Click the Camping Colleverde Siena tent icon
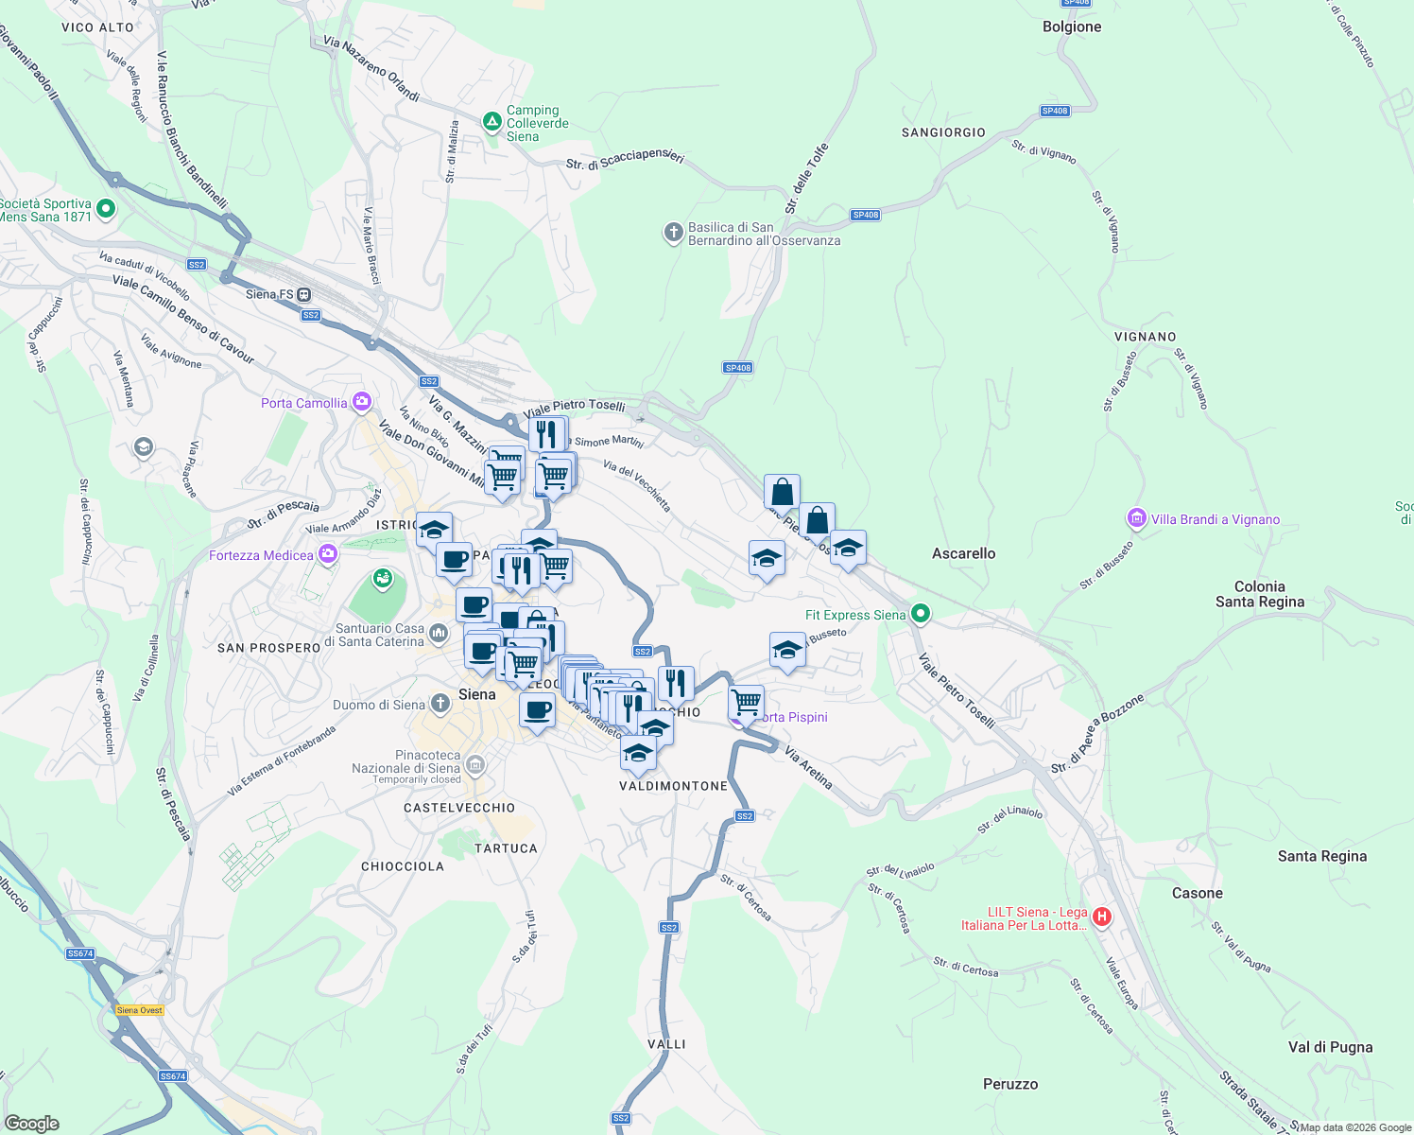coord(491,122)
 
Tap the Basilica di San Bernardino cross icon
coord(673,233)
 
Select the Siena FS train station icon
coord(304,294)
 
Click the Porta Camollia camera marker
coord(361,403)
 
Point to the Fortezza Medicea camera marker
coord(327,554)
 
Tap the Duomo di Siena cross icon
coord(440,704)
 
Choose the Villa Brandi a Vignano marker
coord(1136,518)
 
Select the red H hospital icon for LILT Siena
coord(1101,917)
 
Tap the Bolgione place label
coord(1072,26)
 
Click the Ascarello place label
coord(963,553)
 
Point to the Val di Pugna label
coord(1330,1047)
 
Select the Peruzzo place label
coord(1010,1084)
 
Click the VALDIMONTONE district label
coord(673,786)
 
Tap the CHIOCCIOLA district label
coord(403,866)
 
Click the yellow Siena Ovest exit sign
coord(140,1010)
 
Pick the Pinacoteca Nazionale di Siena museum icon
coord(475,764)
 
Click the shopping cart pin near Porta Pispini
coord(747,703)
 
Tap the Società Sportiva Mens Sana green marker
coord(106,209)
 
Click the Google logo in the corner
coord(31,1123)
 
